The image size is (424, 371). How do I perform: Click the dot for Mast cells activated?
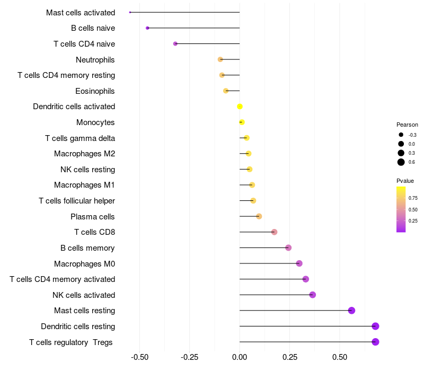130,12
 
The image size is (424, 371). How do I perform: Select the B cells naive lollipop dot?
147,28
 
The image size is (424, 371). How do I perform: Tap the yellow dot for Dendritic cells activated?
240,107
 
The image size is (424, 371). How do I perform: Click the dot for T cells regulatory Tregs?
375,342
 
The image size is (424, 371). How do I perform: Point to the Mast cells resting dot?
351,311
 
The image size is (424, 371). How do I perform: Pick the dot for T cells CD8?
274,232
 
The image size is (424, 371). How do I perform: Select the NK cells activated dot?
312,295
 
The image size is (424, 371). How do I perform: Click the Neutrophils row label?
95,59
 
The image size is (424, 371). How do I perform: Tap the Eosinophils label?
95,91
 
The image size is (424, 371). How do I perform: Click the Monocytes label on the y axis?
95,122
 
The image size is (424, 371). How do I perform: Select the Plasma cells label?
93,216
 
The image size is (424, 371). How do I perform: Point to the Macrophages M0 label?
84,263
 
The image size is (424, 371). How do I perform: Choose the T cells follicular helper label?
77,201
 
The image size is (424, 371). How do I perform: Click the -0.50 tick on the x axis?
139,357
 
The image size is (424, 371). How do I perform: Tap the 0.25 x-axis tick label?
290,357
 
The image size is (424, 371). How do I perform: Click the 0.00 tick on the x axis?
240,357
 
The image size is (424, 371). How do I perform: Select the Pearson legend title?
407,125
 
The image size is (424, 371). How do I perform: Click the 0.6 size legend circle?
401,162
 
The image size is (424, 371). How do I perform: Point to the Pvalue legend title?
405,181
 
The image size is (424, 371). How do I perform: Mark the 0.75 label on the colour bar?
413,198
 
